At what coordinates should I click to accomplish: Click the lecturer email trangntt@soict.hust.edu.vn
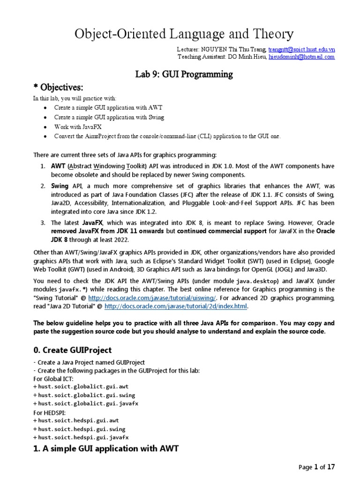301,49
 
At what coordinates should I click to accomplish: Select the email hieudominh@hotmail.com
301,57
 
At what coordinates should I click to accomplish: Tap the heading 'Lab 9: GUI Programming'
183,74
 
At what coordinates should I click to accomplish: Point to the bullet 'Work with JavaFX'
77,127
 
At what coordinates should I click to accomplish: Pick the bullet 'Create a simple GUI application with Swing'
109,117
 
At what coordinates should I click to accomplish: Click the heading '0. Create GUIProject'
73,350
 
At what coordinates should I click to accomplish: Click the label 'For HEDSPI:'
49,412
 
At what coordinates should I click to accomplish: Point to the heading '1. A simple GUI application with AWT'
106,449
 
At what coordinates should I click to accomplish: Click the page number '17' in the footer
331,467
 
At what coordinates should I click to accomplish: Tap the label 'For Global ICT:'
53,379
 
